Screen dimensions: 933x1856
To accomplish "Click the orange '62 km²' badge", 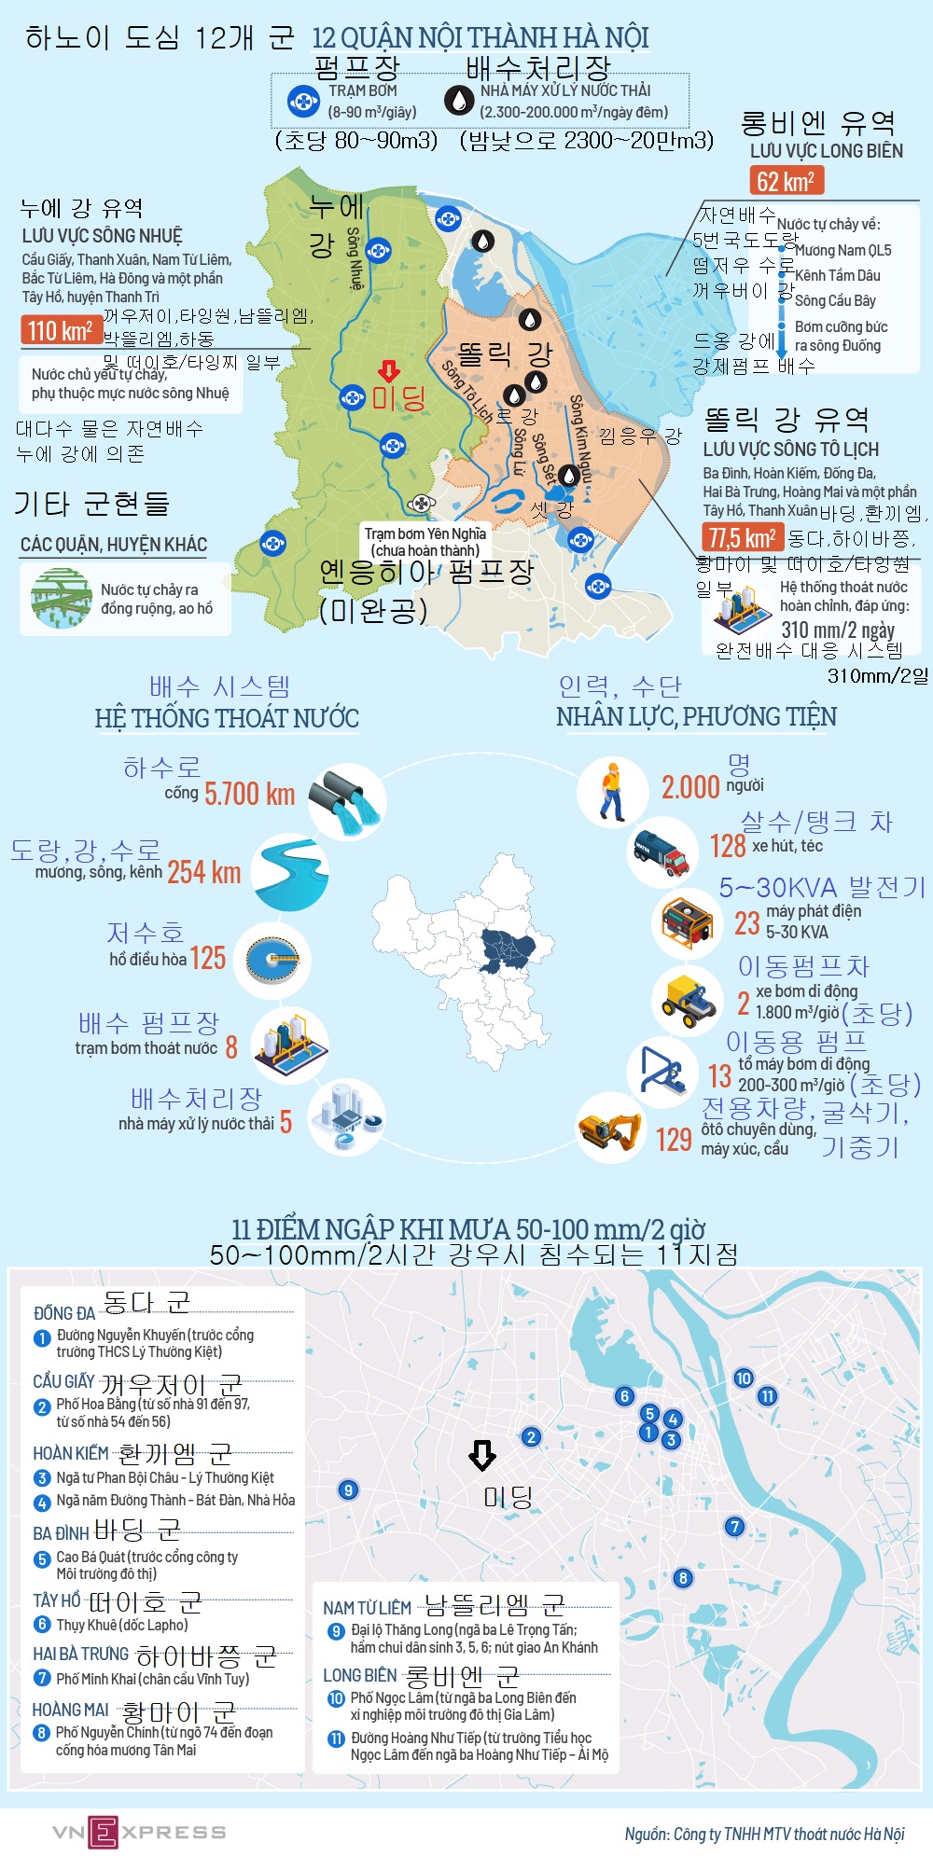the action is coord(786,181).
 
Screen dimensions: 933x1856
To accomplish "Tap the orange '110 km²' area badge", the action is coord(61,330).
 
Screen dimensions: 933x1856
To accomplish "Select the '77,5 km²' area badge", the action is coord(742,537).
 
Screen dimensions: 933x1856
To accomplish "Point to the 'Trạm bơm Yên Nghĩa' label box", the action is coord(425,541).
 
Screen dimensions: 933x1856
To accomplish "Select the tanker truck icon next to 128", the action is coord(663,850).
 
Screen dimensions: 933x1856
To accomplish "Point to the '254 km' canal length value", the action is coord(204,872).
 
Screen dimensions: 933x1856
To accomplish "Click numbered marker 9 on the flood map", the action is coord(348,1489).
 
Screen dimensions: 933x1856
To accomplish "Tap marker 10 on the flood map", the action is coord(743,1378).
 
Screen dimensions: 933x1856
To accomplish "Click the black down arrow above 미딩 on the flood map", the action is coord(481,1455).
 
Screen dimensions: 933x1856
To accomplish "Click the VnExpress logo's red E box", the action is coord(103,1832).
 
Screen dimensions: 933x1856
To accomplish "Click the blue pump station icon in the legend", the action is coord(303,101).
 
